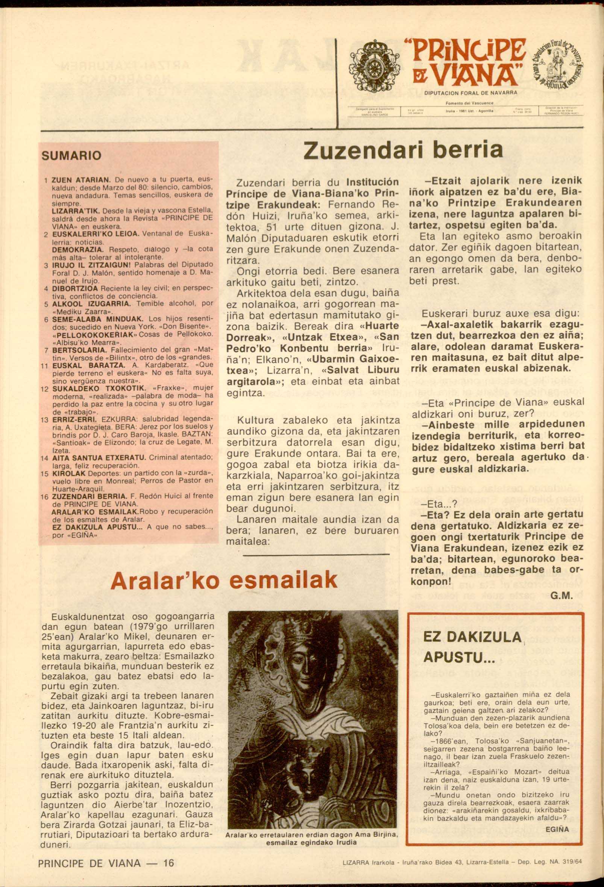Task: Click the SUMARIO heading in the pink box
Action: click(x=71, y=156)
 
